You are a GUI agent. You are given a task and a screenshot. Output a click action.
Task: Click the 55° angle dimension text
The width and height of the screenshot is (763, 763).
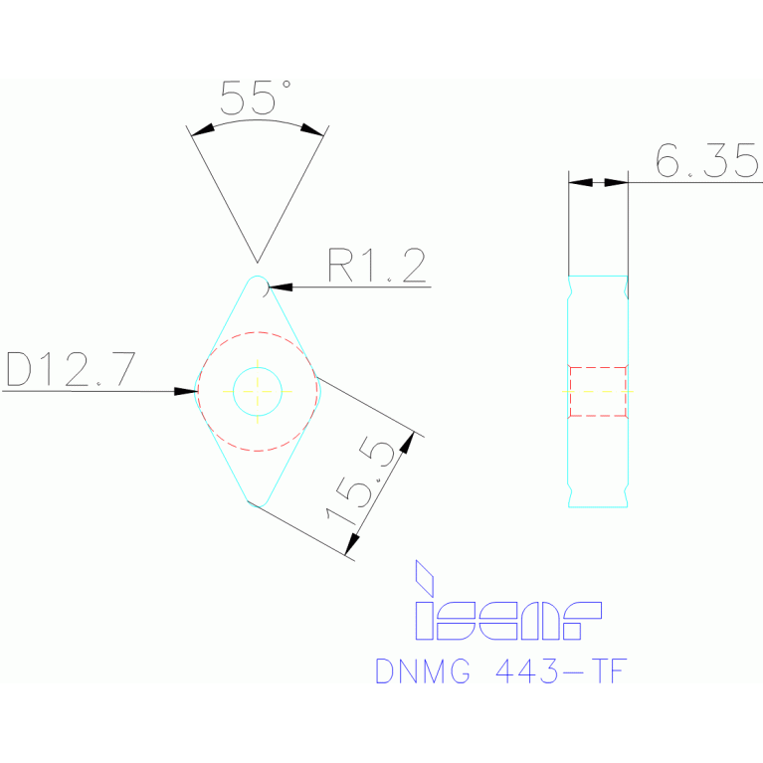[x=255, y=98]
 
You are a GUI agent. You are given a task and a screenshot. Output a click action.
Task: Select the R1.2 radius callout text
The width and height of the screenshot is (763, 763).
[x=377, y=266]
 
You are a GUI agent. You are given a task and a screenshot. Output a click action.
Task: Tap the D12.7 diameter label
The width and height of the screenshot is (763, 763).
[x=71, y=369]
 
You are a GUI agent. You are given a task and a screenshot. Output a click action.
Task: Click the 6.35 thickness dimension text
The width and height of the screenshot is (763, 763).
[x=707, y=160]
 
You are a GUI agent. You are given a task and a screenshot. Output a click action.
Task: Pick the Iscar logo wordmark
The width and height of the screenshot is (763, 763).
[x=507, y=621]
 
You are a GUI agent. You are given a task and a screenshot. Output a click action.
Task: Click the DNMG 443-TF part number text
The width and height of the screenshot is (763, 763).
[x=501, y=671]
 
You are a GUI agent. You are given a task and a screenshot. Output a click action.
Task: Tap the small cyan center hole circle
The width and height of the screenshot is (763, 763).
[x=258, y=391]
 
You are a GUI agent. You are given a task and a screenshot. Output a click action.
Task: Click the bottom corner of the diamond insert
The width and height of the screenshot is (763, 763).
[x=258, y=501]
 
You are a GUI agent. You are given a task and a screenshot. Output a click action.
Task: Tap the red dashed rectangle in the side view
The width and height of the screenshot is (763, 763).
[x=598, y=391]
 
